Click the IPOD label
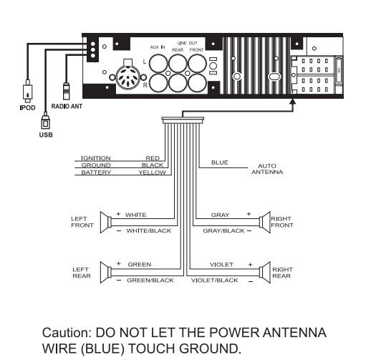pyautogui.click(x=27, y=107)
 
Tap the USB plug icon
pyautogui.click(x=45, y=122)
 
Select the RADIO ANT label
pyautogui.click(x=67, y=106)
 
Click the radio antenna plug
pyautogui.click(x=66, y=91)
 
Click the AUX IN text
pyautogui.click(x=158, y=47)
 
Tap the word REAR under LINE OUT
pyautogui.click(x=178, y=50)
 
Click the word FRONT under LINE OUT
pyautogui.click(x=196, y=50)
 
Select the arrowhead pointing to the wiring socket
pyautogui.click(x=293, y=101)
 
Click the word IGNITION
pyautogui.click(x=96, y=158)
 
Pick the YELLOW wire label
pyautogui.click(x=153, y=172)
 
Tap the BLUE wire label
pyautogui.click(x=220, y=162)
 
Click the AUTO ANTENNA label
pyautogui.click(x=267, y=169)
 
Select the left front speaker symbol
pyautogui.click(x=105, y=222)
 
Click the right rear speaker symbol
pyautogui.click(x=265, y=272)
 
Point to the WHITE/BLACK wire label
pyautogui.click(x=149, y=230)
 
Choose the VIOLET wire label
pyautogui.click(x=221, y=265)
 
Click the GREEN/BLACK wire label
pyautogui.click(x=150, y=281)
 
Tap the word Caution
pyautogui.click(x=67, y=333)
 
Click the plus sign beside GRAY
pyautogui.click(x=249, y=214)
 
